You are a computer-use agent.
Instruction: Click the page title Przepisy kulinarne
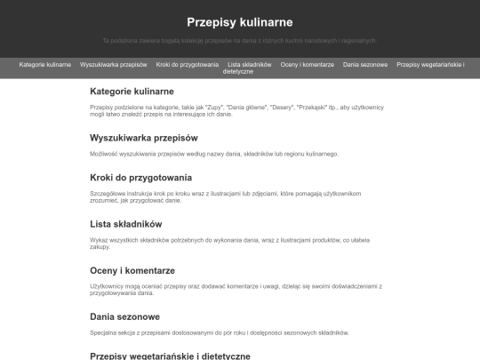click(240, 22)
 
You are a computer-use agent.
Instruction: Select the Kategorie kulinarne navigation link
click(44, 65)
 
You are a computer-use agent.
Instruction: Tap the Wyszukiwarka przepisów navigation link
click(113, 65)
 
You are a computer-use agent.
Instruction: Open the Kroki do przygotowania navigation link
click(187, 65)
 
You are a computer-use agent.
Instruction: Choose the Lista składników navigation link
click(249, 65)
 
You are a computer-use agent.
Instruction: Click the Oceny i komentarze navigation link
click(307, 65)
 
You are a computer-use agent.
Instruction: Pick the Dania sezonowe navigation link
click(365, 65)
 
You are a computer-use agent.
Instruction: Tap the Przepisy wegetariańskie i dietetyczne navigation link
click(430, 65)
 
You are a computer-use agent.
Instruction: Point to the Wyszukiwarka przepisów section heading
click(143, 138)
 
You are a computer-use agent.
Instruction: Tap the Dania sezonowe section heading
click(124, 316)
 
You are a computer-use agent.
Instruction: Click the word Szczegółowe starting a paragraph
click(108, 193)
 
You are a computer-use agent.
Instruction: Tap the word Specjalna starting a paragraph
click(104, 332)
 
